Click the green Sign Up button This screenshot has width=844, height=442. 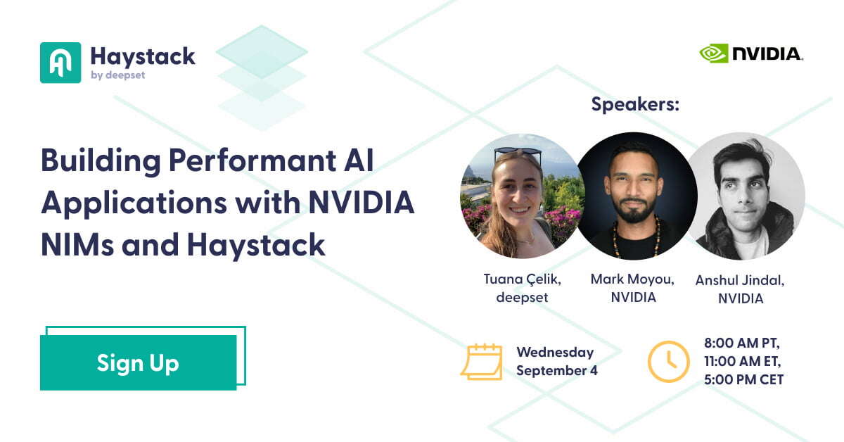139,362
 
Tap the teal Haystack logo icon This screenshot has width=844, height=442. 60,63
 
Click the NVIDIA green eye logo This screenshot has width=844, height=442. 713,53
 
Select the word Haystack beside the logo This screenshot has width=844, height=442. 143,57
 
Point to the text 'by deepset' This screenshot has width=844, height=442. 118,75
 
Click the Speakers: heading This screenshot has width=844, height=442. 635,104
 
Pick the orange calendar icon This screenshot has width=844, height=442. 482,362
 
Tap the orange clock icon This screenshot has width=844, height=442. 669,361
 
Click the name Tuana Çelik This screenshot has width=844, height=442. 522,279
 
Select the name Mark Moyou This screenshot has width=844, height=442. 632,279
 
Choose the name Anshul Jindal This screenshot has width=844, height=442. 740,281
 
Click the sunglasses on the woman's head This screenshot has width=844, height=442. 518,152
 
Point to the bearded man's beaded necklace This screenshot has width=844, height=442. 637,238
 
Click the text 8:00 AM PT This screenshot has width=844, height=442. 742,343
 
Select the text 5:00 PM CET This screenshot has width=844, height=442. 744,379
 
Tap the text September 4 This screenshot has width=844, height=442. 557,371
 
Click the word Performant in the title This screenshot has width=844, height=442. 252,160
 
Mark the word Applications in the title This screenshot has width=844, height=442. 134,203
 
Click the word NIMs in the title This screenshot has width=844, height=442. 77,245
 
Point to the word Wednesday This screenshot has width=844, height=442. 556,353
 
